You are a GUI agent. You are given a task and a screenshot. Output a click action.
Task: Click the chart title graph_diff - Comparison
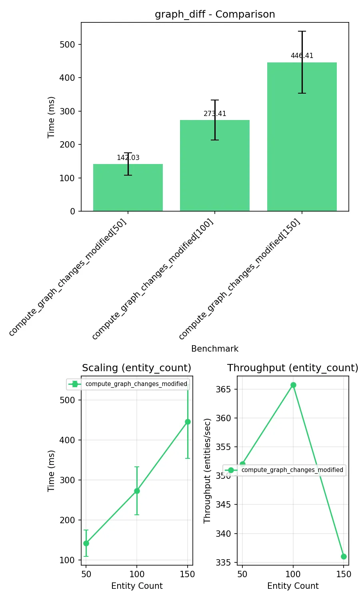tap(215, 14)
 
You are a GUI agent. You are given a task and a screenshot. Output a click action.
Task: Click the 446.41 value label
tap(302, 56)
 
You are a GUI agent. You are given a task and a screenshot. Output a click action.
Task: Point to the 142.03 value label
tap(128, 158)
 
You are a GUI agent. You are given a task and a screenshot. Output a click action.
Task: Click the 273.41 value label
tap(215, 114)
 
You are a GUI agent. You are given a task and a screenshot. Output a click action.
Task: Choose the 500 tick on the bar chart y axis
tap(67, 44)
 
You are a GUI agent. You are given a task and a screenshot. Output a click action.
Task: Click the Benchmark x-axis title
tap(215, 349)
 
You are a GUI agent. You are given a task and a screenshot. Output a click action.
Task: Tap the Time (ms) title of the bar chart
tap(51, 117)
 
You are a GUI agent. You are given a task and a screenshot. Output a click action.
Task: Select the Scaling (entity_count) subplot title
tap(136, 368)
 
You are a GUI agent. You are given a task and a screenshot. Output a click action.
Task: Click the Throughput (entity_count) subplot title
tap(293, 368)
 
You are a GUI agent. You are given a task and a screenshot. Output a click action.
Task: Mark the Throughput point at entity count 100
tap(293, 385)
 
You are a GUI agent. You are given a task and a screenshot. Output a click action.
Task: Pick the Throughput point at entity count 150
tap(344, 556)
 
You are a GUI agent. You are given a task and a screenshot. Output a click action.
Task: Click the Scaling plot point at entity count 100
tap(137, 491)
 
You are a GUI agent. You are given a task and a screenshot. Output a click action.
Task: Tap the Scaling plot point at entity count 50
tap(86, 543)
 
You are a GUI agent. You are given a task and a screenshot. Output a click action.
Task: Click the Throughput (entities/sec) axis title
tap(207, 471)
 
